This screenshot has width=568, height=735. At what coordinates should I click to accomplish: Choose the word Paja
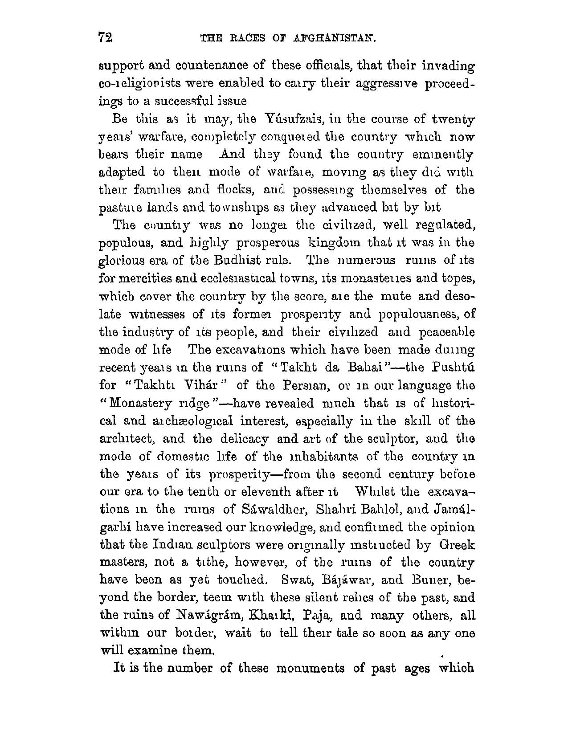(318, 615)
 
